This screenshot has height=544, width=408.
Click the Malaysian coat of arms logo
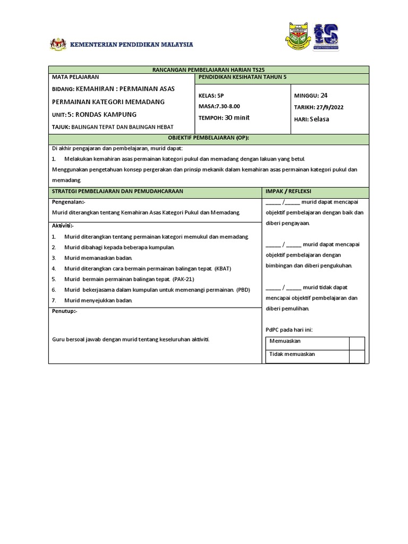click(58, 44)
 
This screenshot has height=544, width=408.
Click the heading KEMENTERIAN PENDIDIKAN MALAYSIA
click(132, 45)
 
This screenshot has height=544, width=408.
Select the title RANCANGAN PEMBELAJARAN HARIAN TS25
click(208, 70)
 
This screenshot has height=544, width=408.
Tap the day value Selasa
click(319, 119)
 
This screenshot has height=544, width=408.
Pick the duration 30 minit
click(237, 118)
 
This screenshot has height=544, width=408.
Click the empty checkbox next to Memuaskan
click(356, 342)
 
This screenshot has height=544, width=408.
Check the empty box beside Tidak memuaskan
click(356, 355)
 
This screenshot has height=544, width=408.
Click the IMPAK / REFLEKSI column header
click(288, 191)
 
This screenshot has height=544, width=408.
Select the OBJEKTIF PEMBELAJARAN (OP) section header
click(208, 138)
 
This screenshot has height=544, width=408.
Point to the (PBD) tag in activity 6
click(243, 290)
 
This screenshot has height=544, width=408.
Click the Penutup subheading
click(64, 311)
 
